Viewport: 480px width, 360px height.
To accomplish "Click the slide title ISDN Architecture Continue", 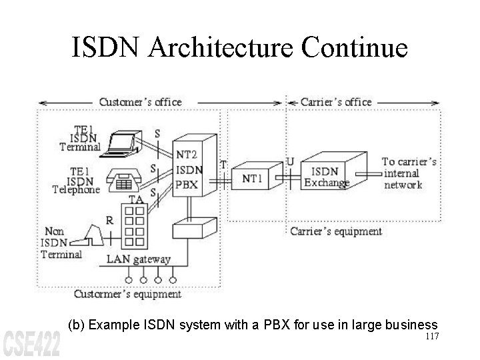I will click(x=240, y=49).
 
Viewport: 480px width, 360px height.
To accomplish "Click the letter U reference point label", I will click(x=289, y=161).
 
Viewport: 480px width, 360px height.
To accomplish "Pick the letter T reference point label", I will click(x=223, y=164).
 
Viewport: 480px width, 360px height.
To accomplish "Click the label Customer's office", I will click(x=140, y=102).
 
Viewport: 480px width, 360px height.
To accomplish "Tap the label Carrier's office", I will click(x=336, y=102).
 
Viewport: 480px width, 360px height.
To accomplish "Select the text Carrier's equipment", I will click(x=336, y=231).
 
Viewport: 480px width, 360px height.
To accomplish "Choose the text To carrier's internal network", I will click(x=409, y=173).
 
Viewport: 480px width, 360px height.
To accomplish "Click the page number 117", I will click(x=431, y=336).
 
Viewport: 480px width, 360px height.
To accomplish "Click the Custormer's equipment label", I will click(x=127, y=293).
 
